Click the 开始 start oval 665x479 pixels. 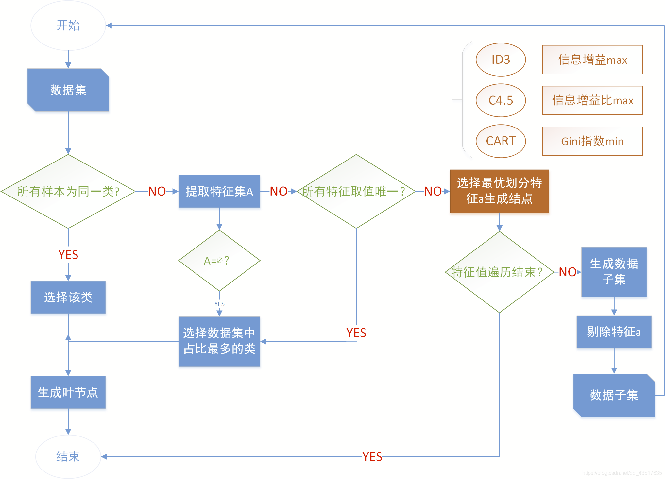(x=68, y=26)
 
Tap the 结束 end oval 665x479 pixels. (x=68, y=456)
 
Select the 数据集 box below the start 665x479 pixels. (x=68, y=90)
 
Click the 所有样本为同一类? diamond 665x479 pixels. (x=68, y=191)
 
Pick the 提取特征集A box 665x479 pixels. (x=219, y=191)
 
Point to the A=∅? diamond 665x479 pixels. (x=219, y=261)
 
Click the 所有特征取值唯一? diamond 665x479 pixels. (x=356, y=191)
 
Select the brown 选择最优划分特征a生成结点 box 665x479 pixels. (x=499, y=191)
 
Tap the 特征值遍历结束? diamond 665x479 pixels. (x=499, y=272)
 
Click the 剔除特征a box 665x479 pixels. (x=614, y=332)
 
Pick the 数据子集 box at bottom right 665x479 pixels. (x=614, y=395)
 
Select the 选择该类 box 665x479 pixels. (x=68, y=297)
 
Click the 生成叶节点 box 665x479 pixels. (x=68, y=392)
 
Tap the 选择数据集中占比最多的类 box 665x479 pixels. (x=219, y=341)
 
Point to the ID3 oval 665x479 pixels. (x=501, y=60)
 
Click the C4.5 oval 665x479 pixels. (x=501, y=100)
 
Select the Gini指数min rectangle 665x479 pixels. (x=592, y=141)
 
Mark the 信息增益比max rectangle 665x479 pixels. (x=592, y=100)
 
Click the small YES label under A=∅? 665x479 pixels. (x=219, y=304)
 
